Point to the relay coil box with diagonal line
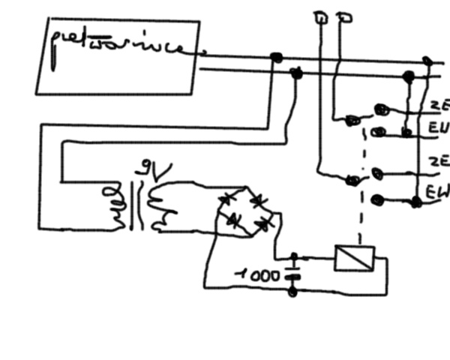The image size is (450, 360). click(x=350, y=259)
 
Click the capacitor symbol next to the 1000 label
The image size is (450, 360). click(x=292, y=268)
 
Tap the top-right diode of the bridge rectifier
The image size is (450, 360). click(x=258, y=200)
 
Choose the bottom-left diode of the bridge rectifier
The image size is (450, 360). click(x=234, y=220)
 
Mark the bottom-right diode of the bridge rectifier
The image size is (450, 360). click(x=262, y=224)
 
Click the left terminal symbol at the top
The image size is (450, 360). click(x=319, y=16)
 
